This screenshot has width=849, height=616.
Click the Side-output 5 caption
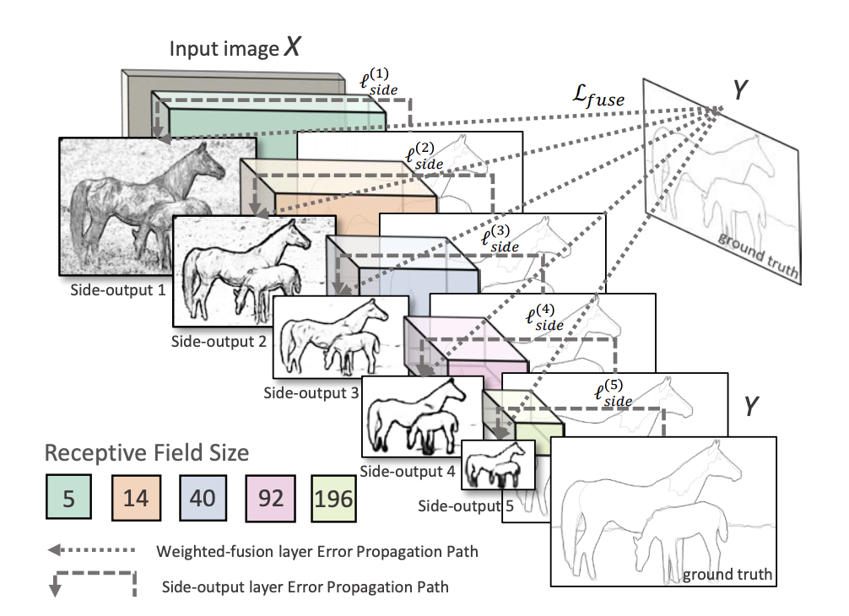pyautogui.click(x=457, y=506)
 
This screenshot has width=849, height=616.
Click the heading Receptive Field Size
pyautogui.click(x=146, y=453)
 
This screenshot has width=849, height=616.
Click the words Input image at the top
pyautogui.click(x=223, y=49)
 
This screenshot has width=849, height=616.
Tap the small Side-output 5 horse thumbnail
pyautogui.click(x=499, y=464)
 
